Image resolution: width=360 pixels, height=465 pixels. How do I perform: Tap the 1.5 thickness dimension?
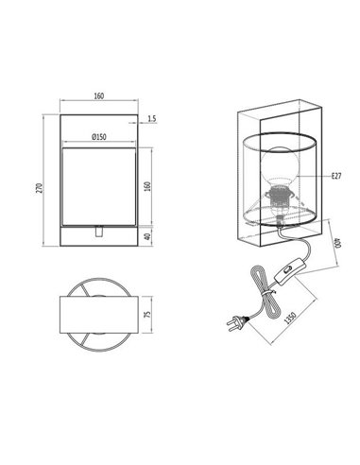coord(152,120)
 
